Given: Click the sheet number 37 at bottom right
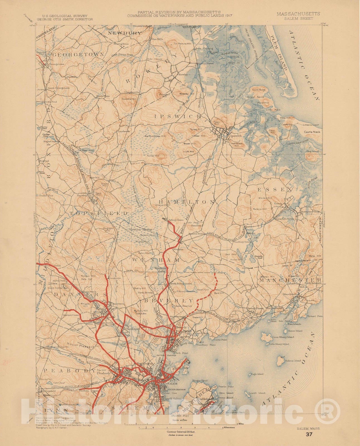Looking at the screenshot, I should click(309, 434).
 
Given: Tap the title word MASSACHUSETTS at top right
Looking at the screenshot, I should click(298, 14).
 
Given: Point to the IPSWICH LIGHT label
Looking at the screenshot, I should click(311, 125).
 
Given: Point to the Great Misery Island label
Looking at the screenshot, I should click(283, 337).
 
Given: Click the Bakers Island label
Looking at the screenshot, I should click(293, 361).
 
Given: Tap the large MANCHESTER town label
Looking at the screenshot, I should click(290, 280).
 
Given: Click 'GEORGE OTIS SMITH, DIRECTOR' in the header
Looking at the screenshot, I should click(65, 20).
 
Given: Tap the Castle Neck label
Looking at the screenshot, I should click(312, 132).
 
